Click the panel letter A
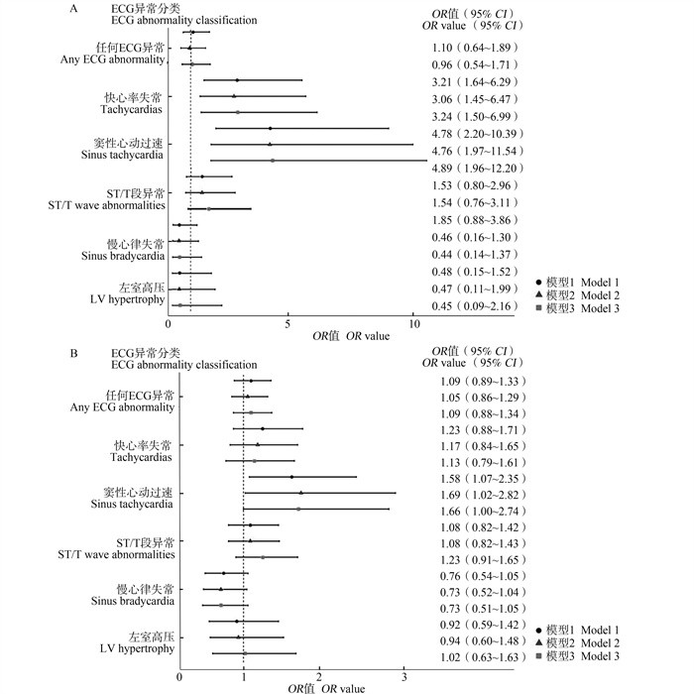[x=75, y=8]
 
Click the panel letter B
[x=75, y=353]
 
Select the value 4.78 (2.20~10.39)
[x=485, y=131]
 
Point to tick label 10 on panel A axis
[x=411, y=322]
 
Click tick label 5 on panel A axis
[x=288, y=322]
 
